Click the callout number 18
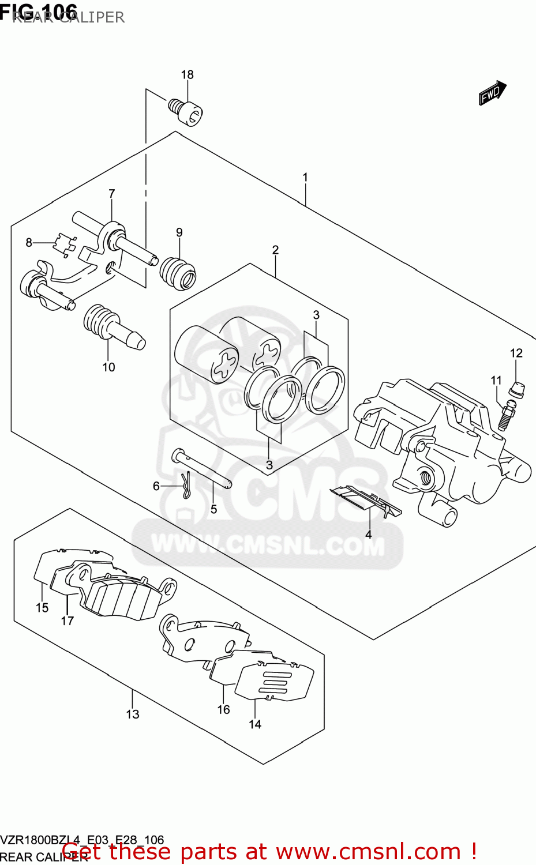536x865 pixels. coord(187,74)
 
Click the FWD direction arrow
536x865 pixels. coord(492,93)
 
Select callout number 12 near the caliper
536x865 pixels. coord(516,353)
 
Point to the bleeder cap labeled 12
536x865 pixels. coord(516,390)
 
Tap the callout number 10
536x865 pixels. coord(108,367)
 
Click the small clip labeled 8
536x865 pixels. coord(65,243)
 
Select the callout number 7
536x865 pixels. coord(112,194)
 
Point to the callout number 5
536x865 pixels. coord(213,509)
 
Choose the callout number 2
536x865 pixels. coord(275,250)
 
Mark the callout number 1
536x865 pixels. coord(305,177)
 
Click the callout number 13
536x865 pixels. coord(133,714)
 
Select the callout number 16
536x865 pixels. coord(224,709)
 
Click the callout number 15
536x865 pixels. coord(42,607)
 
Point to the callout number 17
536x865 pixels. coord(68,620)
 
